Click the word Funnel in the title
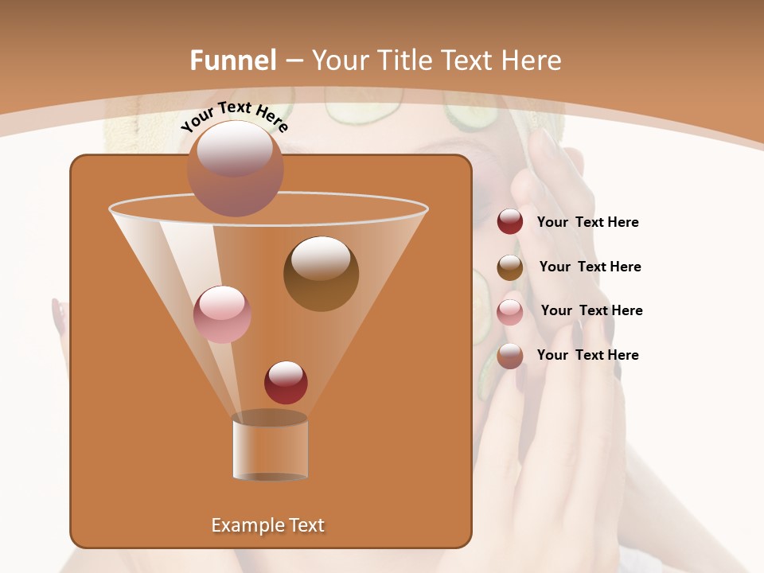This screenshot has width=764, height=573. (x=232, y=60)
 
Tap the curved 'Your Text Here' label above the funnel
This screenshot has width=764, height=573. (x=234, y=116)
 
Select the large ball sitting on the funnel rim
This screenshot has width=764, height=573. (x=235, y=168)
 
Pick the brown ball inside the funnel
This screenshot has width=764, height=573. (x=321, y=274)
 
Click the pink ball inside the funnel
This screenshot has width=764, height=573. (x=222, y=314)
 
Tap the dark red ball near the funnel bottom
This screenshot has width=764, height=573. (x=286, y=382)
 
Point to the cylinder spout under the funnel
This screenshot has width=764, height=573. (x=270, y=446)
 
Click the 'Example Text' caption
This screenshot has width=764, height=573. (x=267, y=525)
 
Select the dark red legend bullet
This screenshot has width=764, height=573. (x=510, y=222)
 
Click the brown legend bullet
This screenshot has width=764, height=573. (x=510, y=267)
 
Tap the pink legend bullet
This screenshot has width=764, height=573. (x=510, y=312)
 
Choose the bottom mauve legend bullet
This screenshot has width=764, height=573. (x=510, y=356)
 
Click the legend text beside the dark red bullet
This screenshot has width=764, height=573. (x=587, y=223)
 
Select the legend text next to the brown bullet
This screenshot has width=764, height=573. (x=590, y=267)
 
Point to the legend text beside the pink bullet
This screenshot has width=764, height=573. (x=591, y=310)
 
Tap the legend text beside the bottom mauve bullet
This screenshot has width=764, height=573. (x=587, y=355)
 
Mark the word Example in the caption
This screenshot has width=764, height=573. (x=243, y=525)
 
